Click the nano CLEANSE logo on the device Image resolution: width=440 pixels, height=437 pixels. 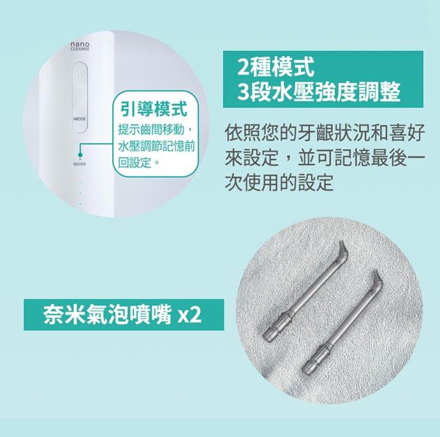point(80,46)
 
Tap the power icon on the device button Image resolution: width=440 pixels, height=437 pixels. point(80,76)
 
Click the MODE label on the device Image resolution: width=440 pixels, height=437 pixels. point(80,119)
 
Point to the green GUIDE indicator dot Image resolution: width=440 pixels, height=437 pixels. point(80,154)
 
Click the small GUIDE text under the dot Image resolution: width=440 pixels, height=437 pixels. point(80,163)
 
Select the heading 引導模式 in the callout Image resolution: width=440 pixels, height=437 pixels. point(154,109)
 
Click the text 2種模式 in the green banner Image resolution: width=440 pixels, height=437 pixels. point(275,68)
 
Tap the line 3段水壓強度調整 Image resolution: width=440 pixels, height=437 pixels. point(318,92)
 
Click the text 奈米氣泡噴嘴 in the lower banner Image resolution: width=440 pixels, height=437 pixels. point(107,315)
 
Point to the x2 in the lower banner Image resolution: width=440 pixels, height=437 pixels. point(190,316)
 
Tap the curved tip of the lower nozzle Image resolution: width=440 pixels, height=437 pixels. point(376,279)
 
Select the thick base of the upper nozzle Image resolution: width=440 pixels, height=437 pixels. point(277,327)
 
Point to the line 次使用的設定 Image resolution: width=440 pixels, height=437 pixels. point(279,182)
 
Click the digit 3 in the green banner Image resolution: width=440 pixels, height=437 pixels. point(243,93)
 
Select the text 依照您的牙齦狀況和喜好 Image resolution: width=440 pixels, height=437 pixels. point(325,133)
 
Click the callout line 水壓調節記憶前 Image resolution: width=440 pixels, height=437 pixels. point(157,146)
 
